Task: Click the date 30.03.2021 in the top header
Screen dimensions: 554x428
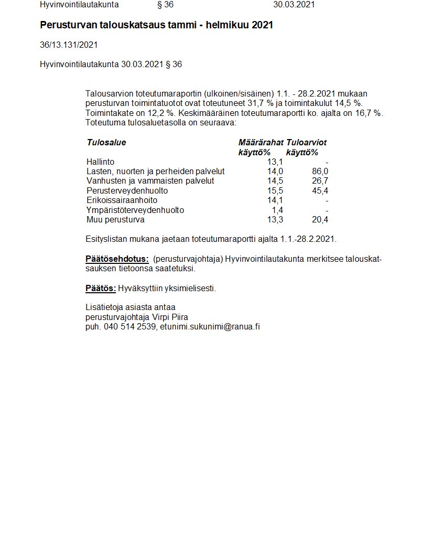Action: tap(294, 5)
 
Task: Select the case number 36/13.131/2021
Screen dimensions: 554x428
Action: tap(69, 45)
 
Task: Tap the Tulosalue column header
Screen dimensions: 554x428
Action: tap(106, 143)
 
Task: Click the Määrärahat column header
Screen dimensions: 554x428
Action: tap(261, 143)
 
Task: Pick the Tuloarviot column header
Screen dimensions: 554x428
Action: tap(306, 143)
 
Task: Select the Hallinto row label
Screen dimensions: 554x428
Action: tap(100, 162)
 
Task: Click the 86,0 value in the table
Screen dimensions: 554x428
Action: tap(320, 172)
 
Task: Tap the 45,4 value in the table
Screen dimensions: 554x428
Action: tap(320, 191)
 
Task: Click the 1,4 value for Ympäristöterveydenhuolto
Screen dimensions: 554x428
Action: tap(277, 210)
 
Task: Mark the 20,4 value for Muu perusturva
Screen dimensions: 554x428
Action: tap(320, 220)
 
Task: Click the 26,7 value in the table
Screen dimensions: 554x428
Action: tap(320, 181)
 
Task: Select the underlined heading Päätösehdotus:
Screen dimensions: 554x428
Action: tap(117, 259)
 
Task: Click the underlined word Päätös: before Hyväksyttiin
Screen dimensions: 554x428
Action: tap(101, 288)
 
